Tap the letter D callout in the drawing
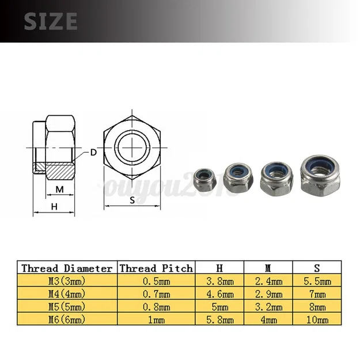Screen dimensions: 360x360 coord(93,153)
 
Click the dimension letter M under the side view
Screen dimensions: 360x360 coord(59,189)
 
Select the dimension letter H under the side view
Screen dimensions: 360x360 coord(54,206)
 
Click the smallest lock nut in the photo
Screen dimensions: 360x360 coord(204,179)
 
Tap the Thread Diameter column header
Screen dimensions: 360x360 coord(67,268)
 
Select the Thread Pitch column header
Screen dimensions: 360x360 coord(156,268)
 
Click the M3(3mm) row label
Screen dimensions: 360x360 coord(67,281)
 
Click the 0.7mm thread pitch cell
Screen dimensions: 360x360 coord(156,294)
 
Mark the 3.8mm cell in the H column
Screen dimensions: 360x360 coord(219,281)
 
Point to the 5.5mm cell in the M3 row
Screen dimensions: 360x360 coord(317,281)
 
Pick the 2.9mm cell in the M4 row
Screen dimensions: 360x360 coord(268,294)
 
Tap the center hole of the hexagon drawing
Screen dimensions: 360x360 coord(132,143)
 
